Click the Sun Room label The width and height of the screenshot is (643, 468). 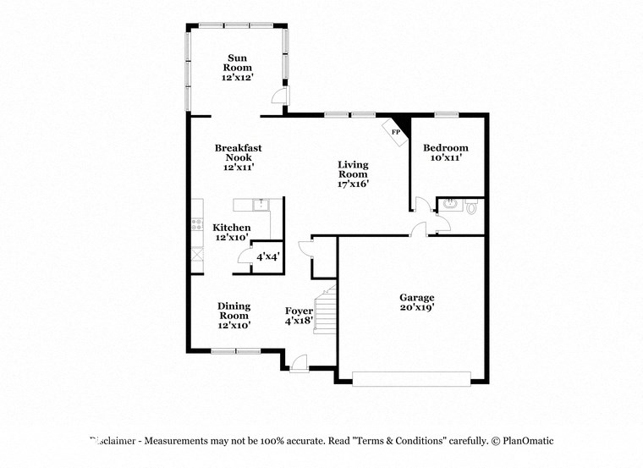(237, 67)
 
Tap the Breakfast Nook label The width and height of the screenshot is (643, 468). (238, 157)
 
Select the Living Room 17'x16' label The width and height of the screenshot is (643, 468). (353, 173)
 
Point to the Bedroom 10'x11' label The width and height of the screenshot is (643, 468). (445, 151)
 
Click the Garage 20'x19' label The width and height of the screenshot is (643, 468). (417, 302)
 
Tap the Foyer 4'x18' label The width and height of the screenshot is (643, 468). (299, 317)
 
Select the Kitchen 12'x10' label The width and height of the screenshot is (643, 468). (231, 233)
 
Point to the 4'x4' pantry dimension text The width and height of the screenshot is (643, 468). (268, 256)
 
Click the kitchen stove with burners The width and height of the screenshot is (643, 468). (197, 225)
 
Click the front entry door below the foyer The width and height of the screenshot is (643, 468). (298, 365)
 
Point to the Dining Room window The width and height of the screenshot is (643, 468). (235, 350)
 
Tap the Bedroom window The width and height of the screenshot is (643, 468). (446, 115)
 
